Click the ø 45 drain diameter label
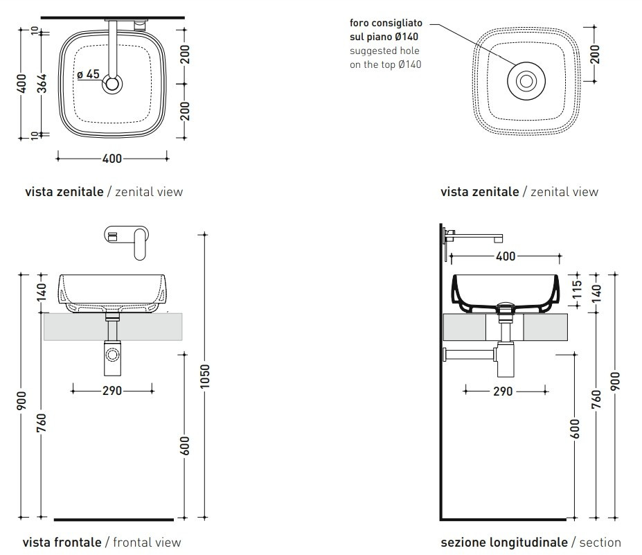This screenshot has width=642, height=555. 88,74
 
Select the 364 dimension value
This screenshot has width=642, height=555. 42,84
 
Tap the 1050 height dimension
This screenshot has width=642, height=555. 204,376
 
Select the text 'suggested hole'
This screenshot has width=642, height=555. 384,51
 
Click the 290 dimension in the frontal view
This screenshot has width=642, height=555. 112,391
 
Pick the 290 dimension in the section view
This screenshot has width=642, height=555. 503,391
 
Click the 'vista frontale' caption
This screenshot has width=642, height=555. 62,542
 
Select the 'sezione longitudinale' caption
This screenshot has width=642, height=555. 503,542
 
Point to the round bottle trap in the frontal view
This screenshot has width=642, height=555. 112,358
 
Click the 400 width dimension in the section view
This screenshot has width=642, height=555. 506,256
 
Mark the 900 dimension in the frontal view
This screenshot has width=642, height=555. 22,400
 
